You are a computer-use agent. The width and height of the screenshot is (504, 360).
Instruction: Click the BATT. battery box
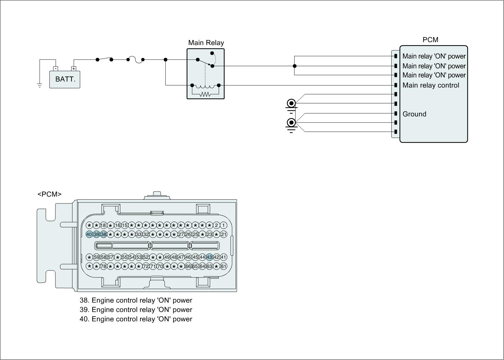pyautogui.click(x=65, y=79)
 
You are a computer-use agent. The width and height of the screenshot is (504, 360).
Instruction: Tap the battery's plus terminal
pyautogui.click(x=74, y=68)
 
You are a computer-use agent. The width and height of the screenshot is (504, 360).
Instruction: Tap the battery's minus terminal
pyautogui.click(x=55, y=68)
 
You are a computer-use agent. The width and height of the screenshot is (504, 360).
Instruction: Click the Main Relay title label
pyautogui.click(x=206, y=43)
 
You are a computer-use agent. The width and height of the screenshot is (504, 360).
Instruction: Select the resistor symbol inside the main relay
pyautogui.click(x=205, y=94)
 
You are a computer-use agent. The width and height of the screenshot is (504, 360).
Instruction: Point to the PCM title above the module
pyautogui.click(x=430, y=40)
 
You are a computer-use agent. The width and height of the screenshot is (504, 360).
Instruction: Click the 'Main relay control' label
pyautogui.click(x=431, y=85)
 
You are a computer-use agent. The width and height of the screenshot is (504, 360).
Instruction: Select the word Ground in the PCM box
pyautogui.click(x=414, y=114)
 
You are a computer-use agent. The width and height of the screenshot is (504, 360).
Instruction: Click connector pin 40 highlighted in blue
pyautogui.click(x=89, y=234)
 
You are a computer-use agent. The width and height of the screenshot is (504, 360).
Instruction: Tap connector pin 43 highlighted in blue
pyautogui.click(x=209, y=257)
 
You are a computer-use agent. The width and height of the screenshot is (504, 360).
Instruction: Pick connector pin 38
pyautogui.click(x=103, y=234)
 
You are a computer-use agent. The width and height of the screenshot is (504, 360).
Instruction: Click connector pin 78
pyautogui.click(x=103, y=266)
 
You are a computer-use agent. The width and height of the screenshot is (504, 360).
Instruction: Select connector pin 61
pyautogui.click(x=223, y=266)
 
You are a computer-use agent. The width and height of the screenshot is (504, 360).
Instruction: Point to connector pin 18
pyautogui.click(x=103, y=225)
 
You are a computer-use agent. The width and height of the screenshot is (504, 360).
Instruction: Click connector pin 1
pyautogui.click(x=223, y=225)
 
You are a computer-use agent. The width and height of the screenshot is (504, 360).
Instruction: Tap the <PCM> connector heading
pyautogui.click(x=49, y=194)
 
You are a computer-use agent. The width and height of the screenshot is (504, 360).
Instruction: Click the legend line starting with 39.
pyautogui.click(x=136, y=310)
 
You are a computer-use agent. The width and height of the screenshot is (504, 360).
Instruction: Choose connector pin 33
pyautogui.click(x=139, y=234)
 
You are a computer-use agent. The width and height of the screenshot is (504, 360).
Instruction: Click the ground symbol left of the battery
pyautogui.click(x=40, y=85)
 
